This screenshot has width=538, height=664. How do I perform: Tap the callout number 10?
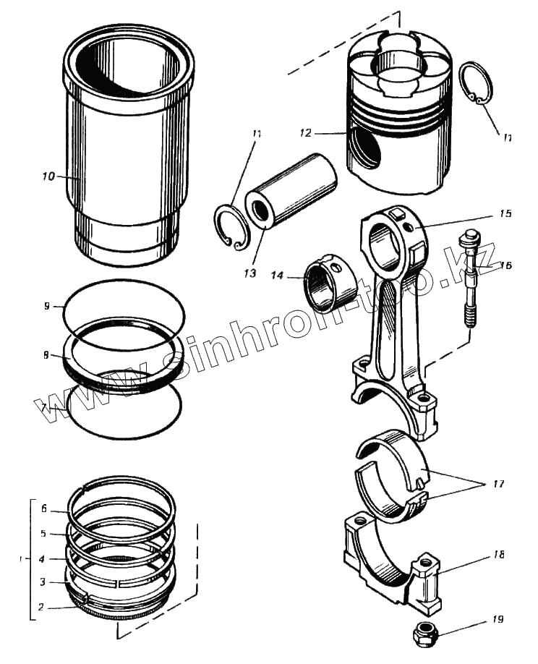tap(48, 176)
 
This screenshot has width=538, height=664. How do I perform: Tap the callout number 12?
tap(305, 133)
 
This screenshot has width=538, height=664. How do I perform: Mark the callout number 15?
tap(505, 214)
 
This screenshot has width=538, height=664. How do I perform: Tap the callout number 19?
tap(498, 619)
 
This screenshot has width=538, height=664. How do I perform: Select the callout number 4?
tap(43, 558)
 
